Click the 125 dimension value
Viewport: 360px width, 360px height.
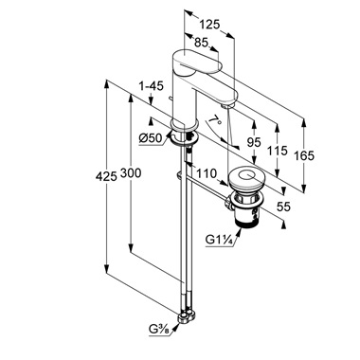coord(209,25)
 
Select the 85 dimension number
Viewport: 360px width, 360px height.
coord(201,42)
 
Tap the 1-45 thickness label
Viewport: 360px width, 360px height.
coord(152,86)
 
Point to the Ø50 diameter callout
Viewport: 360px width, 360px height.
coord(151,138)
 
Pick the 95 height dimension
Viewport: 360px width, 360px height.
coord(254,142)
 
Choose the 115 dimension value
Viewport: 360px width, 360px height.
coord(277,151)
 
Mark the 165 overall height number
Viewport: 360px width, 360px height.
coord(304,155)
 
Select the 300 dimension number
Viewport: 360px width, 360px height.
coord(131,172)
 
